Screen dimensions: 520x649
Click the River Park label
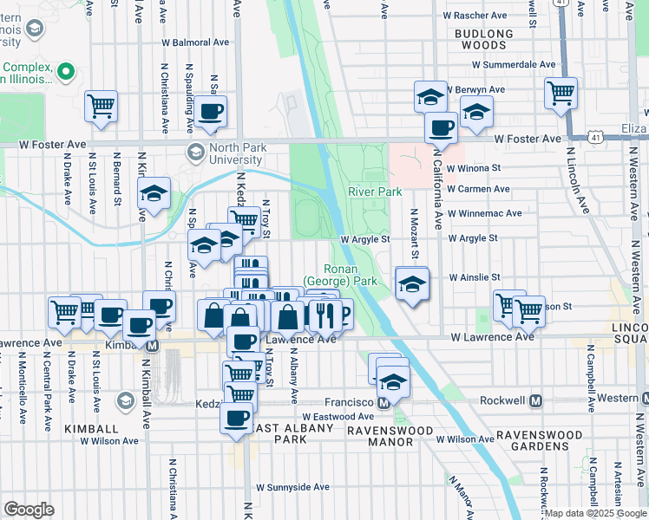375,191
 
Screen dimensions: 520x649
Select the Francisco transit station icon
383,403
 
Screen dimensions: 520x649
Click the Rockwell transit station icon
535,401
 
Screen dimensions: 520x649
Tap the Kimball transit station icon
153,345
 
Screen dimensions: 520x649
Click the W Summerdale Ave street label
512,65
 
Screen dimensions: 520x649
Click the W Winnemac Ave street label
485,213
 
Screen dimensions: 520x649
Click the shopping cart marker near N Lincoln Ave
561,91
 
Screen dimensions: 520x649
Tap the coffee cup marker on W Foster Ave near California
441,127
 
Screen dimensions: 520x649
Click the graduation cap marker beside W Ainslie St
411,283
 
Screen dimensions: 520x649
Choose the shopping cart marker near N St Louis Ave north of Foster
102,106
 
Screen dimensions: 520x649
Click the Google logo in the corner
29,510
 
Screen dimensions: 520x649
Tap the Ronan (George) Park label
340,276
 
